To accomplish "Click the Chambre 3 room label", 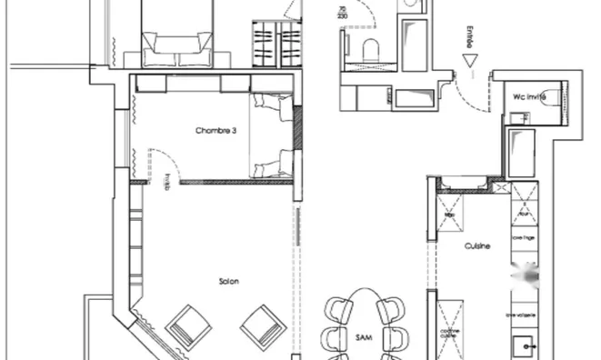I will pos(215,131).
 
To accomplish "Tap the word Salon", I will pos(228,281).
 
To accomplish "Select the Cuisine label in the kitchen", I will pos(478,245).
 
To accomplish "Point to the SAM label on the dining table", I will pos(363,336).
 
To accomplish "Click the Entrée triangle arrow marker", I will pos(469,61).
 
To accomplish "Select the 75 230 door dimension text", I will pos(342,13).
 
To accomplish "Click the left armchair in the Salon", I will pos(188,324).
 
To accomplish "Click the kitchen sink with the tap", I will pos(524,346).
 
